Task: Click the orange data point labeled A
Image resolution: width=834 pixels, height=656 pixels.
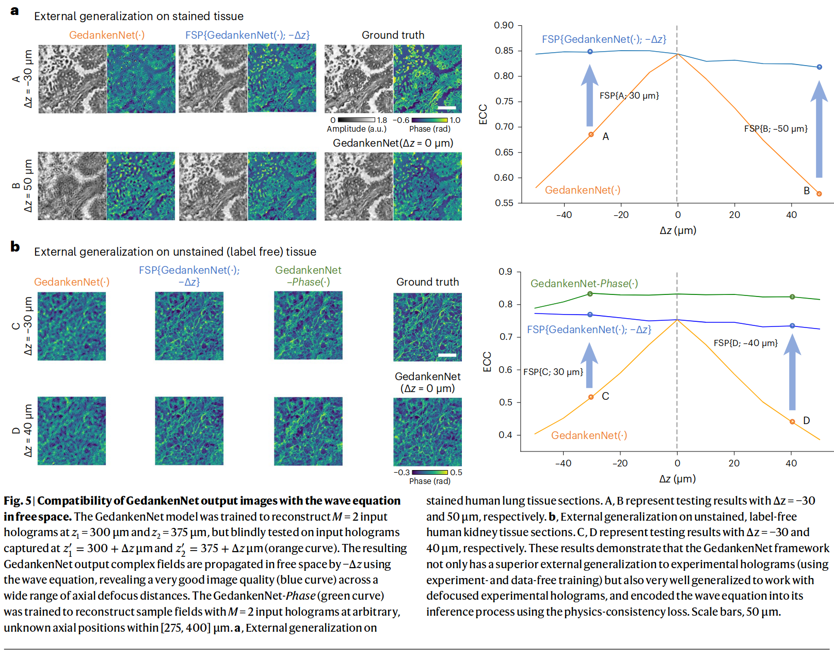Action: pyautogui.click(x=591, y=135)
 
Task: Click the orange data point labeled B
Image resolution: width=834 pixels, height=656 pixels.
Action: pyautogui.click(x=819, y=194)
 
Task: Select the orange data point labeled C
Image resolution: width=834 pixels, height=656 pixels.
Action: pyautogui.click(x=591, y=397)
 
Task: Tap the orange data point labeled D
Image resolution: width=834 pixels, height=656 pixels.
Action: pyautogui.click(x=792, y=421)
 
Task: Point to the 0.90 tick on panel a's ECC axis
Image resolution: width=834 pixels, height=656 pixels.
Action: pyautogui.click(x=504, y=25)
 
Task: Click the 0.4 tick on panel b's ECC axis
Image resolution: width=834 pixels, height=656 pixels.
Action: pyautogui.click(x=505, y=435)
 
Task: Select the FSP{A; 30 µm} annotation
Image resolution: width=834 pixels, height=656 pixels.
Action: pyautogui.click(x=629, y=96)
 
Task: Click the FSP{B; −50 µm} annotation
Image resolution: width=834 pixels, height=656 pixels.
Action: pyautogui.click(x=776, y=129)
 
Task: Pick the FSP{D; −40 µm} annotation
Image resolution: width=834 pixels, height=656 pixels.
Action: pyautogui.click(x=745, y=343)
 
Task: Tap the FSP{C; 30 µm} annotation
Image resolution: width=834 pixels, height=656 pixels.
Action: pyautogui.click(x=553, y=372)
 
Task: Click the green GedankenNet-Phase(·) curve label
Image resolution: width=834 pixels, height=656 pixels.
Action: pyautogui.click(x=584, y=284)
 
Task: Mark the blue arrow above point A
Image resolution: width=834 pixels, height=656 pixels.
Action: pyautogui.click(x=590, y=96)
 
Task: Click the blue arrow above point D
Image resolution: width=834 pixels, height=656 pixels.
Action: pyautogui.click(x=792, y=372)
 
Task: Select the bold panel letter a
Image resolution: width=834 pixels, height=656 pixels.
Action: pyautogui.click(x=14, y=11)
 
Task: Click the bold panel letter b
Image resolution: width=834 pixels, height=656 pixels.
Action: pyautogui.click(x=15, y=247)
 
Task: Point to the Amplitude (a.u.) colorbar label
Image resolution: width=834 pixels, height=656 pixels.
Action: pyautogui.click(x=356, y=129)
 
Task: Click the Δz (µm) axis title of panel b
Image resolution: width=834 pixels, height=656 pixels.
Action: pyautogui.click(x=677, y=479)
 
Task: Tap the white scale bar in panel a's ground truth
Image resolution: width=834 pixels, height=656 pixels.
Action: pyautogui.click(x=447, y=107)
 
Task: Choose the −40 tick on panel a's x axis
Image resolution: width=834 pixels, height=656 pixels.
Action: pyautogui.click(x=564, y=215)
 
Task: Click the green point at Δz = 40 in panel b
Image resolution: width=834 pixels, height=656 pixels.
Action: pyautogui.click(x=792, y=297)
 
